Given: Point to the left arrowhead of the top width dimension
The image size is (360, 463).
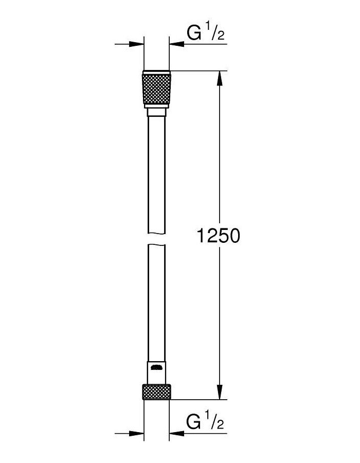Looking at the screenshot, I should point(137,45).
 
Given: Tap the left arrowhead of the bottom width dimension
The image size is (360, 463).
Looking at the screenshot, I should point(137,433).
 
